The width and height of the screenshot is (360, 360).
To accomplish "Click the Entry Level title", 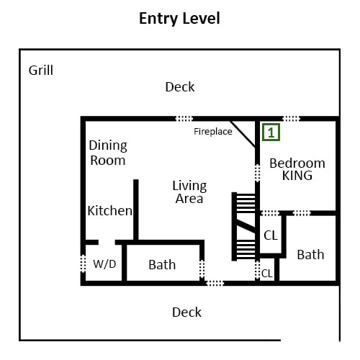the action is point(179,19).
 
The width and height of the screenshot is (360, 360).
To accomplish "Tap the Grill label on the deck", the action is point(41,71).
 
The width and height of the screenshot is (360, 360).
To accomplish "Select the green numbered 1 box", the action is point(271,132).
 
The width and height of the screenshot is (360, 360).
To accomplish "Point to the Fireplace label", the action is point(213,132).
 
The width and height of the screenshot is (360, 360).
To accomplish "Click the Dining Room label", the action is point(108,153).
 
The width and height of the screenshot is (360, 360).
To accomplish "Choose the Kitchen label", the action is point(109,211).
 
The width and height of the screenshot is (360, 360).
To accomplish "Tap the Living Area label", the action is point(189,192).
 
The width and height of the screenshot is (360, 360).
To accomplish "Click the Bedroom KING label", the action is point(297,169).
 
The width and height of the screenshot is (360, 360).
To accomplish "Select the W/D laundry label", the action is point(104,264).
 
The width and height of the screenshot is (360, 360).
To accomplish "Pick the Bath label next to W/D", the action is point(162,265).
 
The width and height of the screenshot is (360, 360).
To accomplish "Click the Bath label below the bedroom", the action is point(310,255).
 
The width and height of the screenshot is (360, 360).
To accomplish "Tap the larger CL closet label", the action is point(271,235).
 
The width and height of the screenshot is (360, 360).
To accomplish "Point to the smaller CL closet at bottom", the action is point(267,274).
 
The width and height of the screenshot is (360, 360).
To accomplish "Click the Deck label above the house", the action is point(180,87).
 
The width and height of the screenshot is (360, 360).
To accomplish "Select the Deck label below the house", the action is point(186,312).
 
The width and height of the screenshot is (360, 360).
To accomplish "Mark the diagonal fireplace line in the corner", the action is point(243,134).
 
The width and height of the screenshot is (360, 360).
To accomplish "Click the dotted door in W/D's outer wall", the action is point(83,264).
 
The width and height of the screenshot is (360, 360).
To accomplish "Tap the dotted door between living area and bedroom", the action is point(257,173).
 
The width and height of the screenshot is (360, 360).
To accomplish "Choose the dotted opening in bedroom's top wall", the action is point(291,119).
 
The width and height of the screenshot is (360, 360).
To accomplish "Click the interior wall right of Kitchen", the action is point(136,210).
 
